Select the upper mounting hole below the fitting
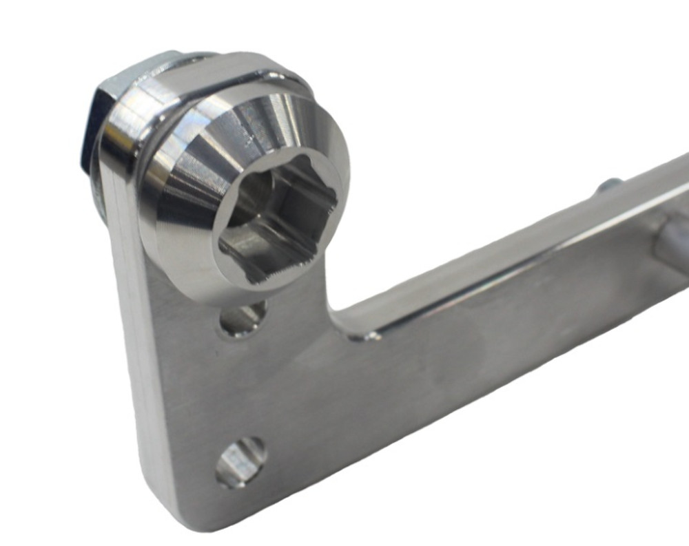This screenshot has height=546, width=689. pos(242,319)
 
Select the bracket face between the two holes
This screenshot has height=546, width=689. pos(241,389)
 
